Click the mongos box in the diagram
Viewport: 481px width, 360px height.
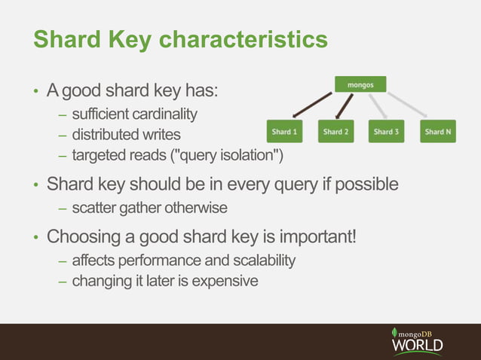360,85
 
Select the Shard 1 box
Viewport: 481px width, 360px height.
283,131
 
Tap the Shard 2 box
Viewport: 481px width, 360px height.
335,131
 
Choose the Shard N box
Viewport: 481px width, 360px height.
438,131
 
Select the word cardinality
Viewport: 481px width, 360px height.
166,114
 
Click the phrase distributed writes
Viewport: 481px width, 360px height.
126,136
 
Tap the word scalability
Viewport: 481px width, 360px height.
259,261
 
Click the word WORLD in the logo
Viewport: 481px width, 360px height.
417,346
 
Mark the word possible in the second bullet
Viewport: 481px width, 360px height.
370,184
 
